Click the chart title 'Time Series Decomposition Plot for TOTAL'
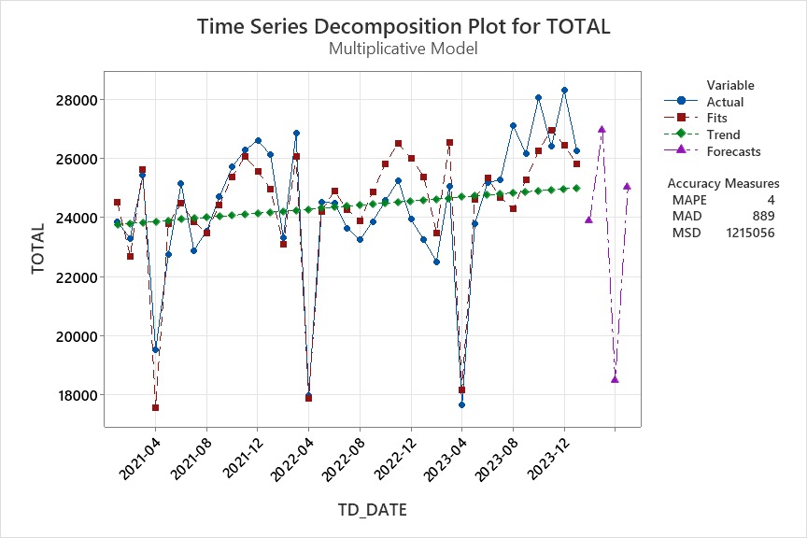click(x=403, y=26)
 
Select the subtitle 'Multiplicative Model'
click(x=403, y=49)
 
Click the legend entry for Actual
click(x=725, y=102)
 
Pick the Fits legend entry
click(x=720, y=118)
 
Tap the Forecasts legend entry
click(x=733, y=151)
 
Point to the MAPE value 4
click(x=771, y=200)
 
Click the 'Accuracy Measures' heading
click(x=723, y=184)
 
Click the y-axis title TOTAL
click(x=38, y=248)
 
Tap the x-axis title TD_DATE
click(x=371, y=510)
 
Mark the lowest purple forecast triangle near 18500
click(x=615, y=379)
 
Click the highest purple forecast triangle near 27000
click(x=602, y=130)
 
